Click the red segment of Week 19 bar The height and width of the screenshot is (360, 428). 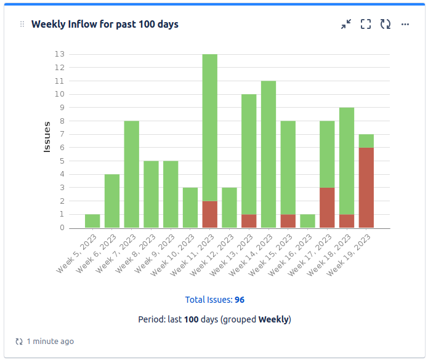(x=366, y=188)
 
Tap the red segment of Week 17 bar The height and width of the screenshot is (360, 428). (x=327, y=207)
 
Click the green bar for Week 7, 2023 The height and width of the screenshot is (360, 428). (x=132, y=174)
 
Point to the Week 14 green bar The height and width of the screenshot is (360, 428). (x=269, y=154)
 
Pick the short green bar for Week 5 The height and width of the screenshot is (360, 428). (x=92, y=221)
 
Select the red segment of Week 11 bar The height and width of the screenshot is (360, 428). (x=210, y=214)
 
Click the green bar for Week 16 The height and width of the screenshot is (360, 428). (x=307, y=221)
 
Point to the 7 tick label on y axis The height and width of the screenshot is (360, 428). (x=62, y=134)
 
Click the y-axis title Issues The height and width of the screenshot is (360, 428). (x=47, y=137)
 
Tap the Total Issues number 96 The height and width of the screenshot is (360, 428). (x=240, y=300)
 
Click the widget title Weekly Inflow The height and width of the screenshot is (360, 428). (x=105, y=24)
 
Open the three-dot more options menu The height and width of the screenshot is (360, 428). (x=405, y=24)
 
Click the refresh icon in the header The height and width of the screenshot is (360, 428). (x=386, y=24)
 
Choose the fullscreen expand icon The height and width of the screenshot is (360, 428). (x=366, y=24)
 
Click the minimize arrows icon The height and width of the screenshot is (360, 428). (x=346, y=24)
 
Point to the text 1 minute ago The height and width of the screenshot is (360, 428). (x=50, y=341)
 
